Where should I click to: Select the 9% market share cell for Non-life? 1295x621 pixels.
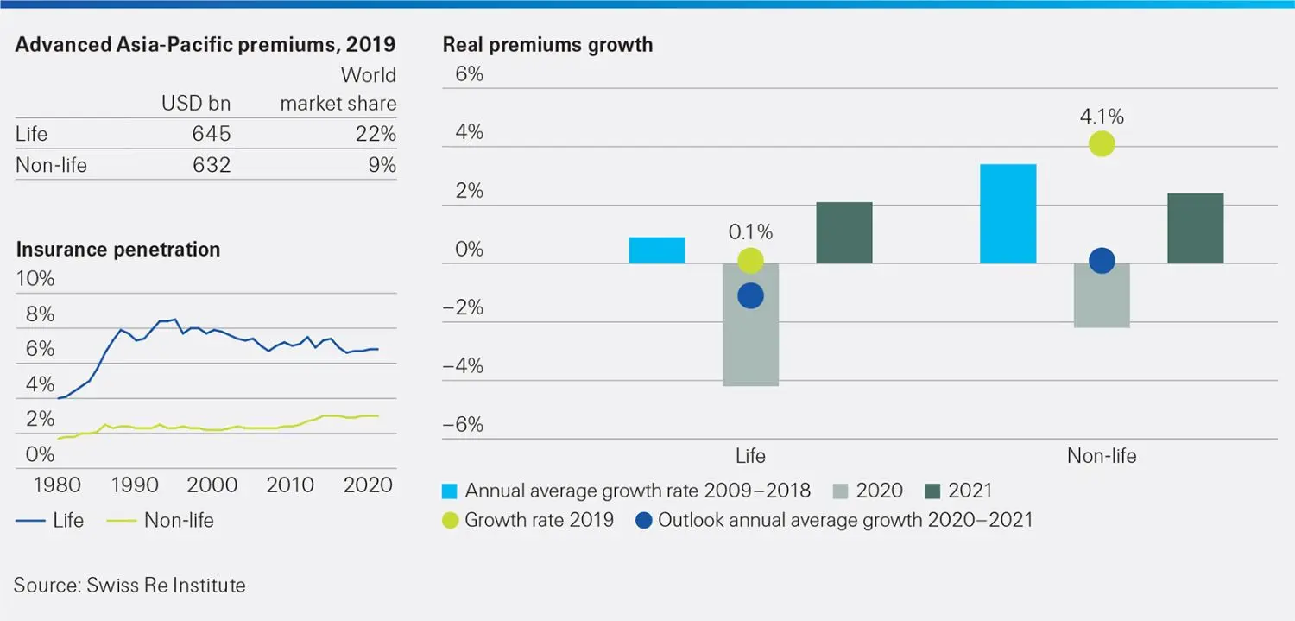[382, 164]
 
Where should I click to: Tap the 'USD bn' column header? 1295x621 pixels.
[196, 104]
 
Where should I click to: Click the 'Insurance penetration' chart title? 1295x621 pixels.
[118, 250]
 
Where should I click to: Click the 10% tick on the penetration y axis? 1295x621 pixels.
[35, 279]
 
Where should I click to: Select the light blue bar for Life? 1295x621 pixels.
[656, 250]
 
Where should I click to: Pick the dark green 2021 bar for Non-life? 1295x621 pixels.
[1195, 228]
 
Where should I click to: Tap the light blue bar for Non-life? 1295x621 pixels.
[1008, 213]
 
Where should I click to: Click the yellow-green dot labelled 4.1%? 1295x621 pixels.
[1102, 143]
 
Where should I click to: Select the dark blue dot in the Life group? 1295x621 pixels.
[750, 296]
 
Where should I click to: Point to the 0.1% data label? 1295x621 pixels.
[750, 231]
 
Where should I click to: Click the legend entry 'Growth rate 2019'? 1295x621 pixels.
[528, 520]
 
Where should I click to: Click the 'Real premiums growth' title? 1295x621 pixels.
[547, 45]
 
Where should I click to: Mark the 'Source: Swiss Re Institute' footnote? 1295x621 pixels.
[129, 585]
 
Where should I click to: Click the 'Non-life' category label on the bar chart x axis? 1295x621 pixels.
[1102, 456]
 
